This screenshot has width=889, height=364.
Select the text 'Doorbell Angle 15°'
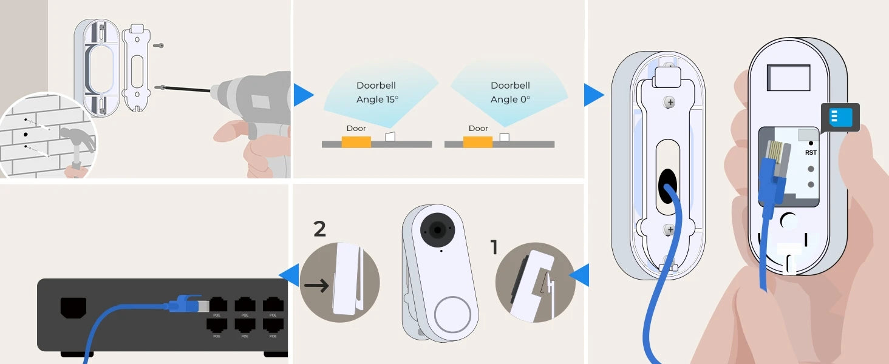tap(376, 92)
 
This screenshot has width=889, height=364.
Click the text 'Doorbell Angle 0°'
tap(510, 92)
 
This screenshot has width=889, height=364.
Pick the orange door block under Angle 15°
tap(356, 142)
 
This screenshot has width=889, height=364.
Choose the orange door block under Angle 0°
tap(478, 142)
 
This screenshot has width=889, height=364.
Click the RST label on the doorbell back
tap(811, 153)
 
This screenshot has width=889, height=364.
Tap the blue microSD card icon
tap(840, 117)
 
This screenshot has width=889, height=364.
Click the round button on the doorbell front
tap(452, 314)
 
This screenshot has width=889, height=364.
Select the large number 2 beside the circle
tap(319, 229)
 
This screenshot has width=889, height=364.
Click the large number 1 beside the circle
tap(494, 247)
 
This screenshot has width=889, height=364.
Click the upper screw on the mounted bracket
tap(670, 103)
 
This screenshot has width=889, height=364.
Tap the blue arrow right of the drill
tap(303, 95)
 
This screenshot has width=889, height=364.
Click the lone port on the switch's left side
tap(73, 307)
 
